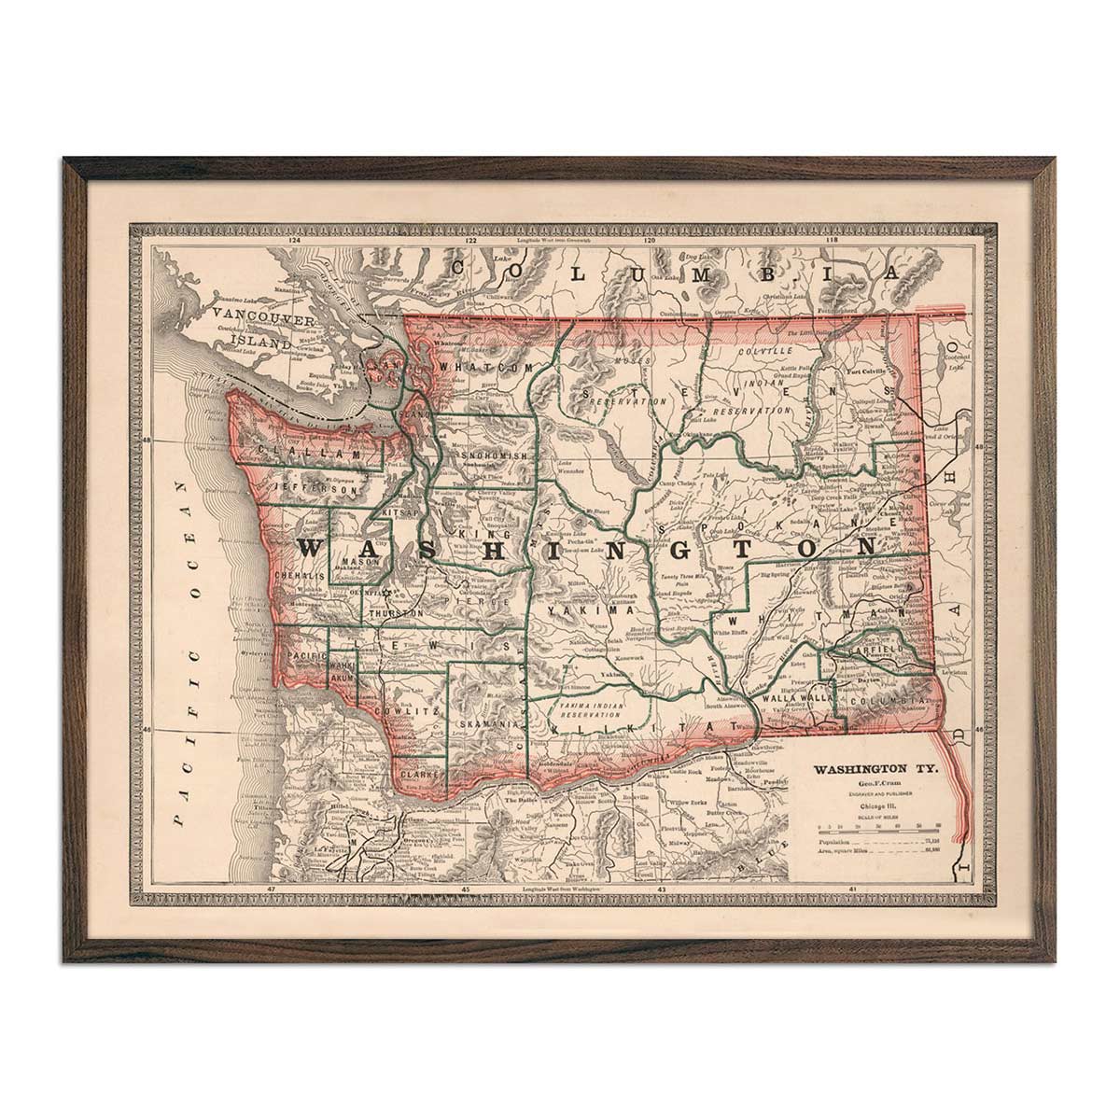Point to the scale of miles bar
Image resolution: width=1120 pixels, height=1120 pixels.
click(x=877, y=827)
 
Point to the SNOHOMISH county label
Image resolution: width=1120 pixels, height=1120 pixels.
click(x=496, y=455)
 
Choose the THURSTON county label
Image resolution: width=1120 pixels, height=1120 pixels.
click(x=396, y=613)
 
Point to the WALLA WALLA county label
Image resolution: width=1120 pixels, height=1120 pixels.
click(x=791, y=697)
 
